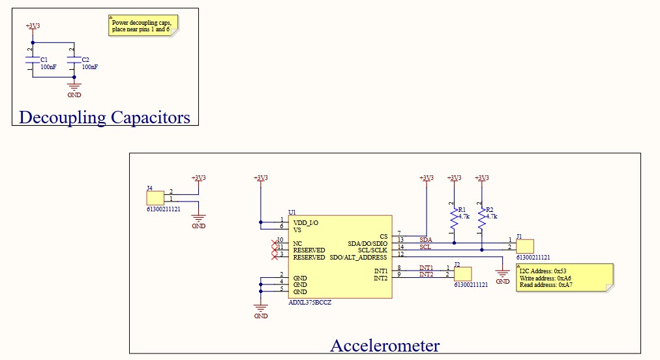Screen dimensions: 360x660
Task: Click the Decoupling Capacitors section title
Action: click(104, 117)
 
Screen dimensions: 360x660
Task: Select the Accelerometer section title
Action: click(385, 345)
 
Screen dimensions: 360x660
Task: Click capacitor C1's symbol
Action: click(33, 62)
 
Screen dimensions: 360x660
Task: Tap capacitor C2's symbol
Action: click(74, 62)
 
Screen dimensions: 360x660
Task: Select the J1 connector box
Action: click(524, 246)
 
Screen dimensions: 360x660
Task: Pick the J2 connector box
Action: click(462, 273)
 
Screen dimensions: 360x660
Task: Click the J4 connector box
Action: click(155, 198)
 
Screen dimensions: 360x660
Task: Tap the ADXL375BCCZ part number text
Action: click(310, 303)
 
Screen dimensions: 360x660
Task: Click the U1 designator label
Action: click(292, 212)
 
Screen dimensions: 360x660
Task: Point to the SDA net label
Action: click(425, 240)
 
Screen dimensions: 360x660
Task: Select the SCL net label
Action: click(425, 247)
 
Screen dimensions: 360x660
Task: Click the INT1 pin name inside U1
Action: click(380, 271)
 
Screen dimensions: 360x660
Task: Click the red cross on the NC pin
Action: click(275, 243)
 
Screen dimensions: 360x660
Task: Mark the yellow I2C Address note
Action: click(564, 278)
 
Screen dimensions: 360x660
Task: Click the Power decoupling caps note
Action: click(143, 25)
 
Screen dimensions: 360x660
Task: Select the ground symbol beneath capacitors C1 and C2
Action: click(74, 87)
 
